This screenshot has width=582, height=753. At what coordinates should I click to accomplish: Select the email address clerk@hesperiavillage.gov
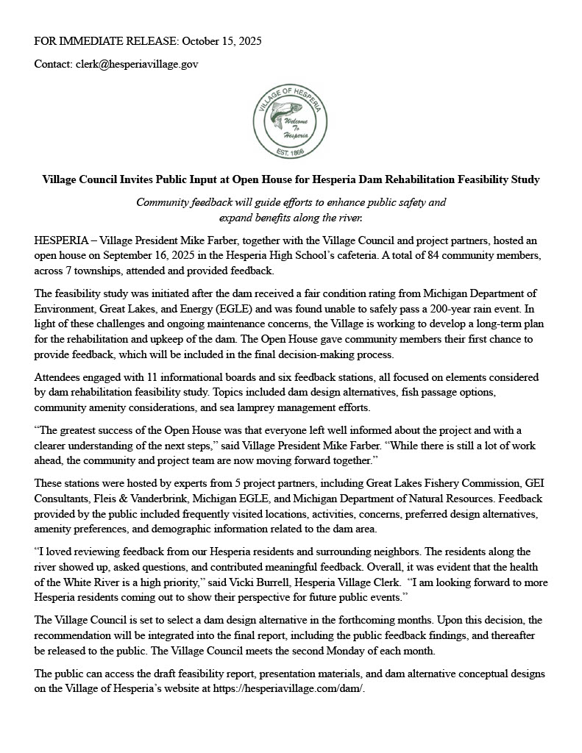[x=137, y=65]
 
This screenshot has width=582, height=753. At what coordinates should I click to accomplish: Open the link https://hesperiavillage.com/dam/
[x=288, y=689]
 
